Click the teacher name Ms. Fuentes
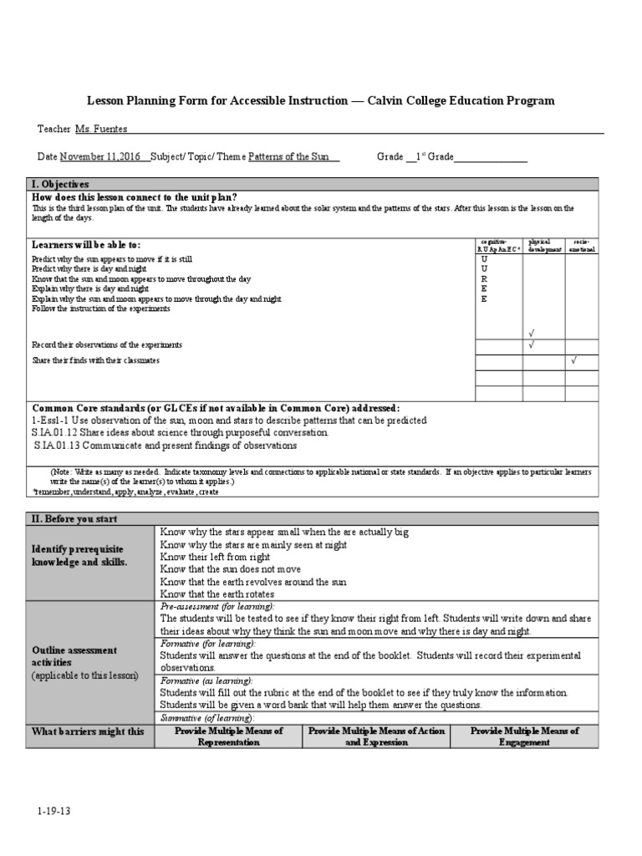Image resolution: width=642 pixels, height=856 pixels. tap(101, 129)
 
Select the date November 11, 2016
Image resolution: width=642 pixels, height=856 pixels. tap(100, 156)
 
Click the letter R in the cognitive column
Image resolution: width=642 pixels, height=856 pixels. tap(484, 279)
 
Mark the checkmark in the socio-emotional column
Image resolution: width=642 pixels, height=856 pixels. tap(573, 360)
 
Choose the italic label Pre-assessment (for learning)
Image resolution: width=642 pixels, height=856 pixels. tap(217, 606)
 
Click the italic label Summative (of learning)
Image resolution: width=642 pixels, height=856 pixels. tap(206, 718)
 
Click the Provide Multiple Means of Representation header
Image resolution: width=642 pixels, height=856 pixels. tap(228, 736)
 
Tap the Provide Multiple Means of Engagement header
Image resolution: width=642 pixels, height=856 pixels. tap(524, 736)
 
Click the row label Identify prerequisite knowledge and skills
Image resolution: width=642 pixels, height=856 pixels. tap(78, 556)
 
